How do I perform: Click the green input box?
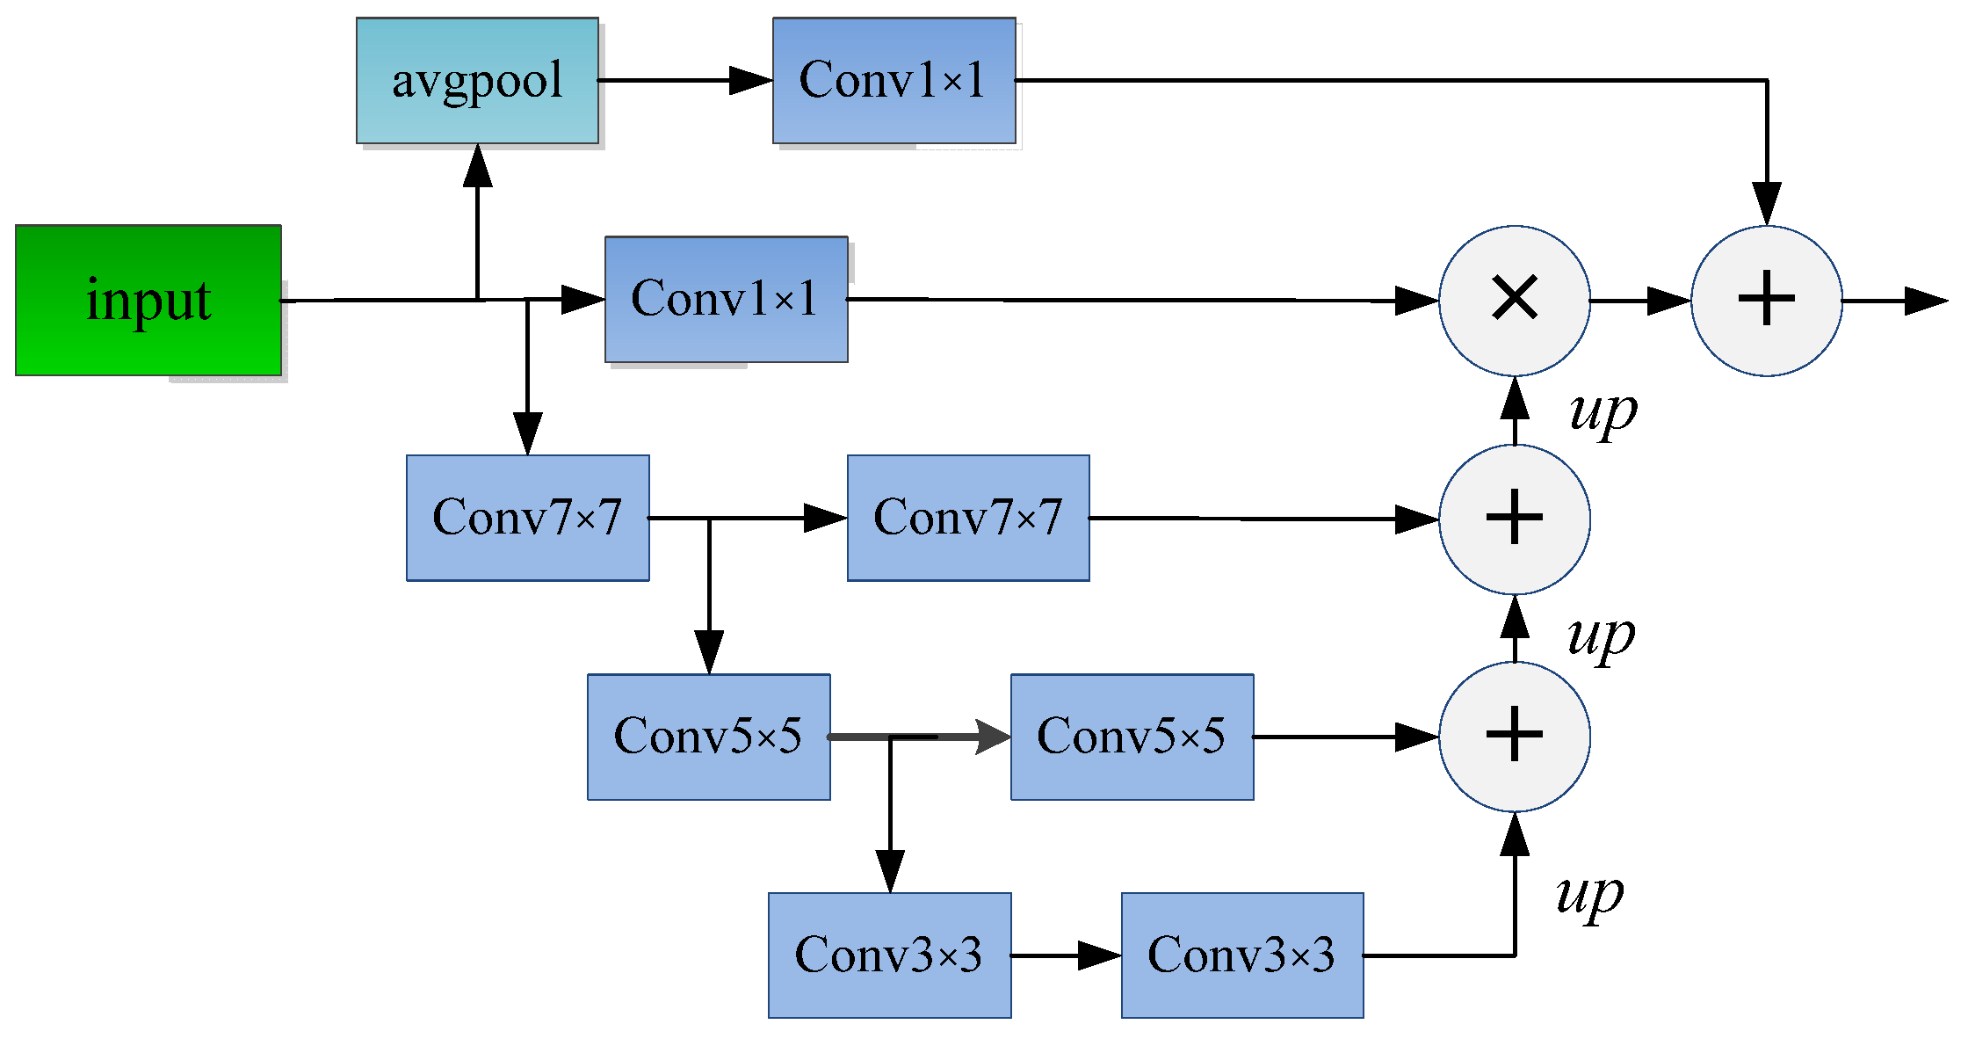[148, 301]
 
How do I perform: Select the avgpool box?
[477, 80]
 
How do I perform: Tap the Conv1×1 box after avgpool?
[894, 80]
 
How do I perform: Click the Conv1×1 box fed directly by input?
[726, 299]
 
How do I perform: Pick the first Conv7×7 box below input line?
[527, 518]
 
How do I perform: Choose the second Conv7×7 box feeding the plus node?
[968, 518]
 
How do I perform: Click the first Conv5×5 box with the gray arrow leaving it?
[708, 737]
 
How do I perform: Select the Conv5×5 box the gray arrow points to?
[1132, 737]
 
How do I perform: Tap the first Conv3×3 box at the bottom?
[889, 955]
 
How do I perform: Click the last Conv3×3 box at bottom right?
[1242, 955]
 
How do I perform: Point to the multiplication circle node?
[1515, 300]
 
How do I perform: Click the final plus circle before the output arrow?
[1766, 300]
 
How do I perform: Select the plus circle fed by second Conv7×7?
[1515, 519]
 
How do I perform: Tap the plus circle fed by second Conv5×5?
[1515, 737]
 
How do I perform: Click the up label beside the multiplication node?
[1603, 411]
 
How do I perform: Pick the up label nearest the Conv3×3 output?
[1588, 895]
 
